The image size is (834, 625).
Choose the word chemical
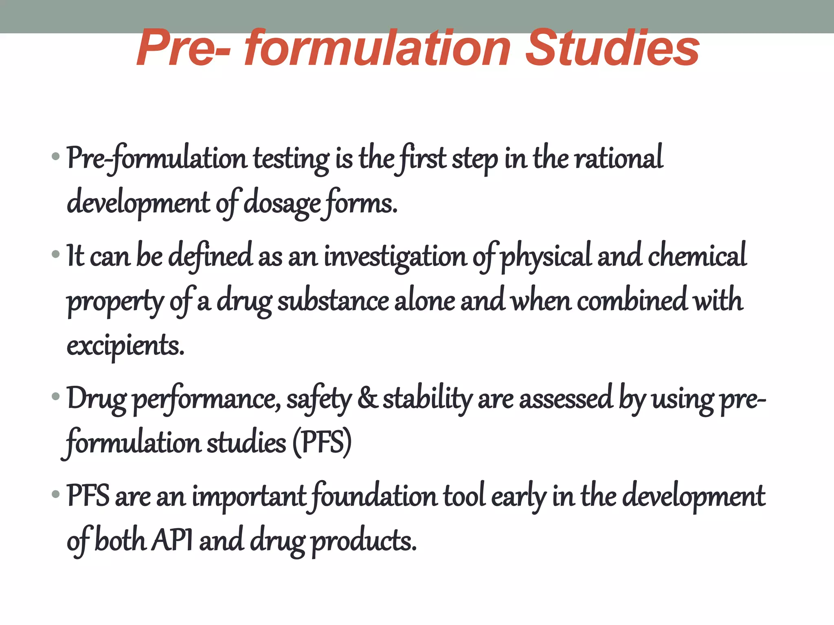click(697, 256)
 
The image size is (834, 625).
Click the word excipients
click(125, 346)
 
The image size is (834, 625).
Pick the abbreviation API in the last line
click(171, 541)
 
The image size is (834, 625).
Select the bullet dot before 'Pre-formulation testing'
click(56, 156)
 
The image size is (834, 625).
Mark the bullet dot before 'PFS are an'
click(56, 495)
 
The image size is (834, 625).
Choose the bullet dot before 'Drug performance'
click(56, 396)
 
